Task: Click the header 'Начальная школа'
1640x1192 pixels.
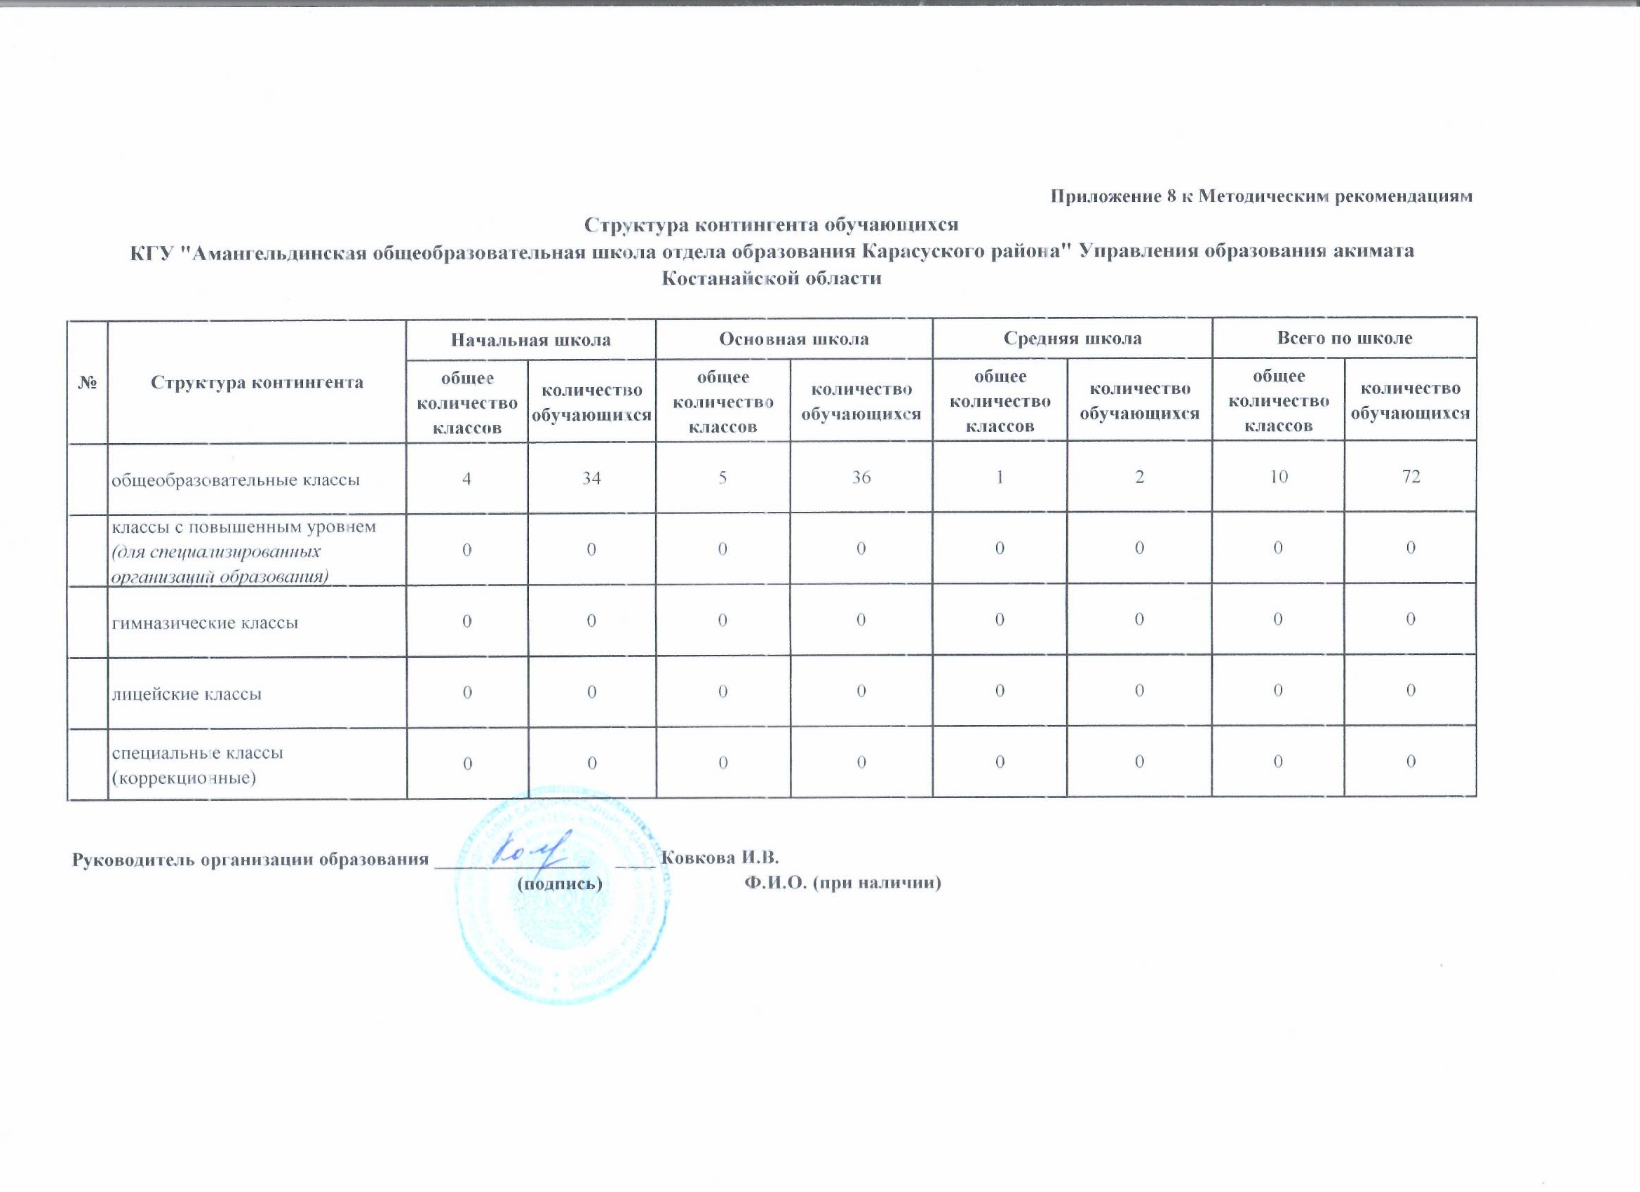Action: (531, 339)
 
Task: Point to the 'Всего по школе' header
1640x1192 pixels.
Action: (1344, 337)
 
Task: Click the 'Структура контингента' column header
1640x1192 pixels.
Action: (257, 382)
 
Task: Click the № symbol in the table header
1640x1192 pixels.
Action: (88, 382)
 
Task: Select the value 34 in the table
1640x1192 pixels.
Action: (591, 477)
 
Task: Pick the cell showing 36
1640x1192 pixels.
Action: (861, 477)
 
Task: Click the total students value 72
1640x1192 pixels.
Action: (1410, 476)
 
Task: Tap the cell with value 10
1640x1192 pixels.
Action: (1278, 476)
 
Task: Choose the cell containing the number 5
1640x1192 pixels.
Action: (722, 477)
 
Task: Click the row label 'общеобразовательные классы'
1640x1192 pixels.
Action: (235, 480)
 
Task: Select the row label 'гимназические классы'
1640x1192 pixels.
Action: (205, 622)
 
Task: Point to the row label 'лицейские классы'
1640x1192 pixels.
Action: (186, 694)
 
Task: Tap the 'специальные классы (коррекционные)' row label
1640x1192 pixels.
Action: (196, 765)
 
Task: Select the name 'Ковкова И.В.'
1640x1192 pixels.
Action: (720, 858)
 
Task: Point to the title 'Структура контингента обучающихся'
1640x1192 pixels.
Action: (771, 225)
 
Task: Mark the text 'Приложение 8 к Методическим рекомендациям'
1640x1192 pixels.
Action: (1261, 196)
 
